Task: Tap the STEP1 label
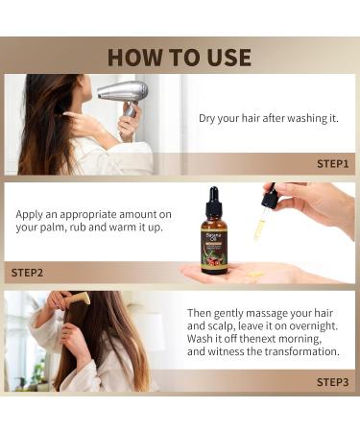point(333,163)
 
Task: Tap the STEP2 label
point(27,273)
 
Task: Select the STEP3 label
point(333,381)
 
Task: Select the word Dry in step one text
point(209,119)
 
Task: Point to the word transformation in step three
point(299,352)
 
